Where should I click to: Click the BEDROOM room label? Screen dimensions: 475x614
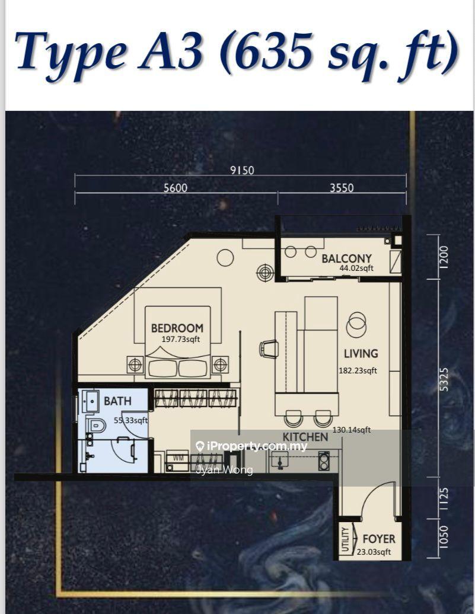(x=177, y=328)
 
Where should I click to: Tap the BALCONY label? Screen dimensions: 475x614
(x=346, y=258)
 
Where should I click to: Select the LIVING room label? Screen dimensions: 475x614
(x=361, y=354)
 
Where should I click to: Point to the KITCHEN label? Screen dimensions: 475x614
(x=305, y=437)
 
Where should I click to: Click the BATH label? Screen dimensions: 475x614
(x=117, y=401)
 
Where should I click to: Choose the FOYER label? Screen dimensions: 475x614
(x=379, y=539)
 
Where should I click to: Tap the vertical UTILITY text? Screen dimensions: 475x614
(x=345, y=539)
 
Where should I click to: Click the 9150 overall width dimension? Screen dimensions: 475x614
(x=242, y=170)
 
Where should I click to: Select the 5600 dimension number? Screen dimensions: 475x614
(x=176, y=188)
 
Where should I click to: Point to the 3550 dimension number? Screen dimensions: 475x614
(x=342, y=188)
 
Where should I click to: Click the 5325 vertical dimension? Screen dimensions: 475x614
(x=444, y=379)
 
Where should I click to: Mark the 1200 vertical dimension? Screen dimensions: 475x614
(x=444, y=257)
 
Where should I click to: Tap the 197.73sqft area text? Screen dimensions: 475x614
(x=181, y=340)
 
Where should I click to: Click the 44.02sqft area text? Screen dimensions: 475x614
(x=356, y=268)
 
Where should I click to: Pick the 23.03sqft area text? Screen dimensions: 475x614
(x=374, y=552)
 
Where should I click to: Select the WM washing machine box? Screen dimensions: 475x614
(x=177, y=459)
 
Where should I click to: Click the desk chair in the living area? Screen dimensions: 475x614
(x=269, y=348)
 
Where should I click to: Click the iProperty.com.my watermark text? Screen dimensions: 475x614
(x=251, y=446)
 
